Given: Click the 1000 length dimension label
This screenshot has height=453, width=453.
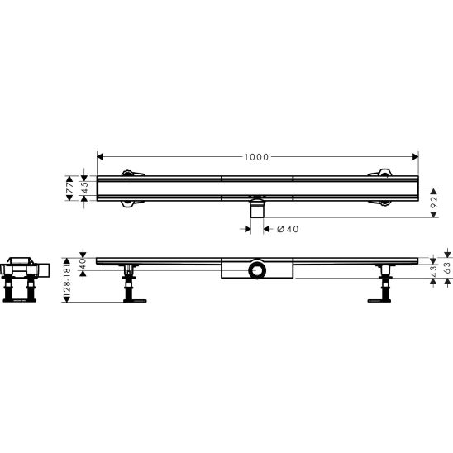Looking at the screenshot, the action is (256, 157).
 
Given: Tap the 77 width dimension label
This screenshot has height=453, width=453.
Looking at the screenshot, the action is (70, 188).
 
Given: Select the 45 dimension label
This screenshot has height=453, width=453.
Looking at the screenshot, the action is (84, 188).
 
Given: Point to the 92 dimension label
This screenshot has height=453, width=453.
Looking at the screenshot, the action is (434, 203).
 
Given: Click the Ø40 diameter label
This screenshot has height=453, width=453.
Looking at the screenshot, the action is (288, 229).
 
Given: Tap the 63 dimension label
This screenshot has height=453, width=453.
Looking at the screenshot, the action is (448, 268).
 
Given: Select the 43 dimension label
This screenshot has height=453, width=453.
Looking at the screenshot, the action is (433, 272).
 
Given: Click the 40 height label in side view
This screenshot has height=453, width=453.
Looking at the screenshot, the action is (83, 265).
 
